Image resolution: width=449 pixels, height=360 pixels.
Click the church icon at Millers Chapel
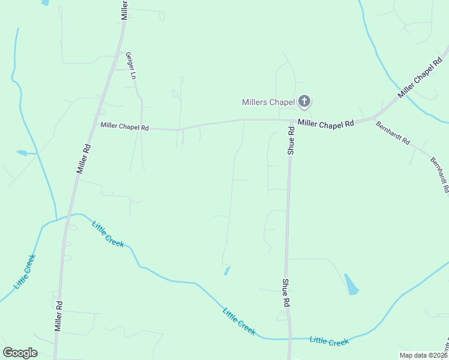tap(304, 101)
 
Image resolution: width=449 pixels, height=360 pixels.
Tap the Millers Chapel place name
tap(268, 102)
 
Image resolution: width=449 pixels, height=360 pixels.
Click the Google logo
tap(20, 353)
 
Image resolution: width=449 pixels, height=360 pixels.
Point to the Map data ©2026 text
tap(423, 355)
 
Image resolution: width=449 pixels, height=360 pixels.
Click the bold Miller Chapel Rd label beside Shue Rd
tap(326, 124)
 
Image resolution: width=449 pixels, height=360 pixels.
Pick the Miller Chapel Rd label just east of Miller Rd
tap(124, 126)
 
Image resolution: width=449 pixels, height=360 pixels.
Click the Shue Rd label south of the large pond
tap(286, 293)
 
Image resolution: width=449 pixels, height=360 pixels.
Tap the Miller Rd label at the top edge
tap(125, 10)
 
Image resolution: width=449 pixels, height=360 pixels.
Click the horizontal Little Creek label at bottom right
tap(329, 341)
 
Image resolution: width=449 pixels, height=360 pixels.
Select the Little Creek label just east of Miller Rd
tap(108, 234)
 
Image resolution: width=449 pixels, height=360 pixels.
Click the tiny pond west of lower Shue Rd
tap(226, 271)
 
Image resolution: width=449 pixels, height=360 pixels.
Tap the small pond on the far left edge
tap(22, 153)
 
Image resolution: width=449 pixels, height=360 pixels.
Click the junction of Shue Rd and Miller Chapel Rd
tap(291, 121)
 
